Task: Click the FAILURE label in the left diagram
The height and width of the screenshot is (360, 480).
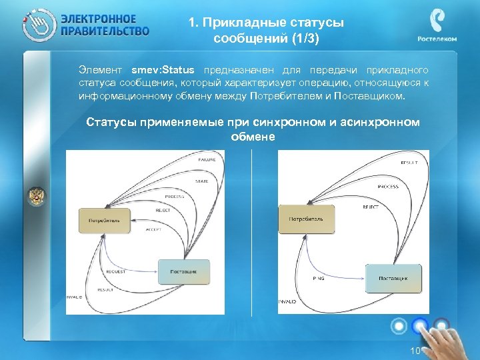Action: point(206,161)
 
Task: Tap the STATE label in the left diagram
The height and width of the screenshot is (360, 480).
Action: point(201,181)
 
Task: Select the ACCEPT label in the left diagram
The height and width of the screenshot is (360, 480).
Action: point(153,229)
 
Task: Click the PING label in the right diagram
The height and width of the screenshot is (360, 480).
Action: point(319,278)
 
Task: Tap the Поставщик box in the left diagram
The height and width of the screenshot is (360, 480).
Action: point(183,272)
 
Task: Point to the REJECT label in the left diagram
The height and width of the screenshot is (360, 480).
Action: point(163,210)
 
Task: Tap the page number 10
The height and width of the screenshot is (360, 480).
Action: point(415,351)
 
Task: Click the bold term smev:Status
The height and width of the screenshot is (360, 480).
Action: point(163,71)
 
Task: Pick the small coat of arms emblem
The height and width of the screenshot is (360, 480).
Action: point(36,196)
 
